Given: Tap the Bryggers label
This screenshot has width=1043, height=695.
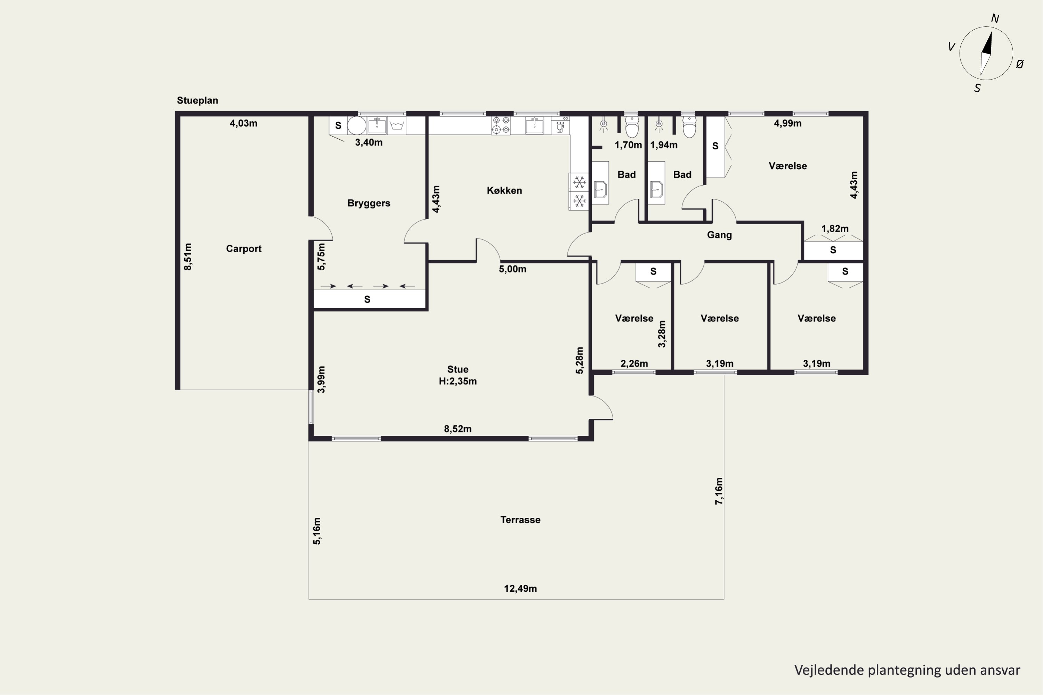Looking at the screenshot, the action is (x=369, y=203).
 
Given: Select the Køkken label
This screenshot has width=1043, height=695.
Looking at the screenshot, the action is (x=504, y=190).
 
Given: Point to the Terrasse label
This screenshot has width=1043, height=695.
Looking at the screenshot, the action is (x=520, y=520).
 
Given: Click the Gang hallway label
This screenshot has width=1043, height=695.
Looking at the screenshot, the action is (x=719, y=235).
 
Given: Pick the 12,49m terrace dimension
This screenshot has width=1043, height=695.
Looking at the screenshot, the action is (x=520, y=588).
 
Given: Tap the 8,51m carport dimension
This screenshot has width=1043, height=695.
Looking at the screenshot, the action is (x=188, y=257).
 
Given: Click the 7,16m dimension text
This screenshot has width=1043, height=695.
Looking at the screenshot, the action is (x=719, y=491).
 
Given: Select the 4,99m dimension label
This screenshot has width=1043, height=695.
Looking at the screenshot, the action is (x=787, y=123).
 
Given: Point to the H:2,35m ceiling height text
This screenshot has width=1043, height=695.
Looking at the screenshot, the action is (x=458, y=381).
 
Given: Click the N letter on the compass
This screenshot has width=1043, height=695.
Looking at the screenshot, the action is (x=995, y=19).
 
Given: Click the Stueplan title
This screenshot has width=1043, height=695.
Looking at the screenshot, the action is (x=197, y=100).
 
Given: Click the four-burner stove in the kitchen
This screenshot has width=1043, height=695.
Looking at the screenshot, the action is (x=501, y=125).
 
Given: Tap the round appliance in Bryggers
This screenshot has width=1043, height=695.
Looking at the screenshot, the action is (x=357, y=125).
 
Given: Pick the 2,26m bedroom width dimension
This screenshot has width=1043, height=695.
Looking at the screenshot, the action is (x=634, y=363).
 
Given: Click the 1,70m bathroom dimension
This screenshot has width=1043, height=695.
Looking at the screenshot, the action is (x=628, y=145).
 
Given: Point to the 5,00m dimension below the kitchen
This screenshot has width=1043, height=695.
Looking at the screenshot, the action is (x=512, y=269).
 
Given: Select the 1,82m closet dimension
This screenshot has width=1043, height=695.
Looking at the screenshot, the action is (x=835, y=229).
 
